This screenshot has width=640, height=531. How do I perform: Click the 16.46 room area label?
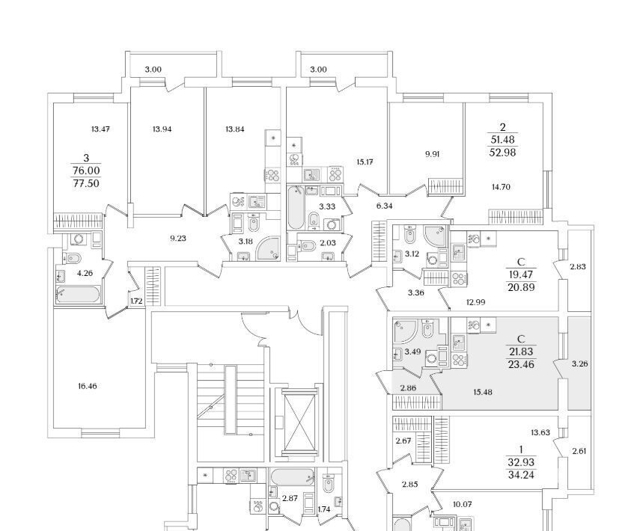(x=88, y=386)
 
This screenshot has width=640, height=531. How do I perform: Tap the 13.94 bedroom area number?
(x=162, y=129)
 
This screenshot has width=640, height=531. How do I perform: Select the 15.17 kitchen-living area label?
(x=365, y=162)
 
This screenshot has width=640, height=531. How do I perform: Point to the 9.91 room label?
(x=432, y=154)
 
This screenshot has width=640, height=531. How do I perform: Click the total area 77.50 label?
(x=86, y=183)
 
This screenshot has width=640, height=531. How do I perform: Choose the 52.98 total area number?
(x=502, y=153)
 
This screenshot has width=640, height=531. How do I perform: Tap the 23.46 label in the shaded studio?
(x=521, y=364)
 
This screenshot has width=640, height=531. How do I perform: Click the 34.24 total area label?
(x=521, y=475)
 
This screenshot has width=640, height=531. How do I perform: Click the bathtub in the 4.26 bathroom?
(x=78, y=295)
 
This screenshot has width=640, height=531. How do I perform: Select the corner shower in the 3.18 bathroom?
(x=268, y=249)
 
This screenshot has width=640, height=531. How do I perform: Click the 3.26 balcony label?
(x=579, y=363)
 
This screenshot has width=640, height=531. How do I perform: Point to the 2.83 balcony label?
(x=578, y=267)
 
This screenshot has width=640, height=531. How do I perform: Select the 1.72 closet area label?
(x=136, y=302)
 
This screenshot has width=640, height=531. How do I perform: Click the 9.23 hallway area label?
(x=178, y=238)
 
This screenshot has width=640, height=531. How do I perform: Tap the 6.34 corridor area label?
(x=385, y=206)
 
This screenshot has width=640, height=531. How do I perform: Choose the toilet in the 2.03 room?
(x=307, y=246)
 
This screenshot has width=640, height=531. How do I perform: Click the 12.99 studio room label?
(x=476, y=302)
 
